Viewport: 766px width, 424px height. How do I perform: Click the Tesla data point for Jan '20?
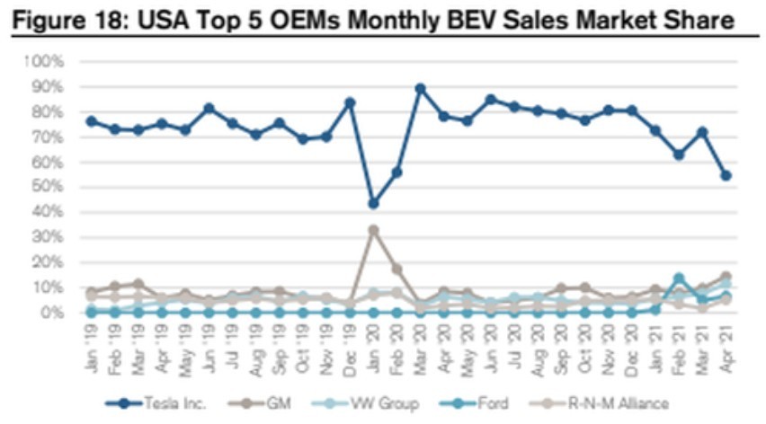373,203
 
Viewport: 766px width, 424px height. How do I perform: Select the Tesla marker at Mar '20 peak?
420,89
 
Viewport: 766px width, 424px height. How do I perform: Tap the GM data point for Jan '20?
373,230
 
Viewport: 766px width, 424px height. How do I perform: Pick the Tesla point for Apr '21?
726,175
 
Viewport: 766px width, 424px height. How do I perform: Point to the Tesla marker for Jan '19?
92,120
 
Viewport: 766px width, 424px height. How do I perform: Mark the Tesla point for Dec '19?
350,102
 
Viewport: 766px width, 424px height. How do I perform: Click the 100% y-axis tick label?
45,62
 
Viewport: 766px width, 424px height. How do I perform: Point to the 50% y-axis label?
49,187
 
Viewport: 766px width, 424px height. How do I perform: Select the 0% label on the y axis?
52,313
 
